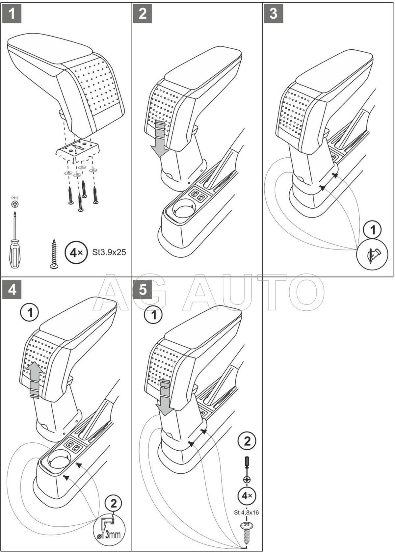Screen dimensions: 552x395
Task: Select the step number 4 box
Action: (x=12, y=290)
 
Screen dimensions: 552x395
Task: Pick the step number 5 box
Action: (x=143, y=290)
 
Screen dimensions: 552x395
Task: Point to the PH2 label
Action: (x=14, y=198)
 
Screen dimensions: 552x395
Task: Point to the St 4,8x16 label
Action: (x=247, y=512)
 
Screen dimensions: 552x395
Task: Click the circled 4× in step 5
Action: (x=247, y=495)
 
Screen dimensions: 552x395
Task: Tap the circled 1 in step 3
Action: (x=373, y=230)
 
